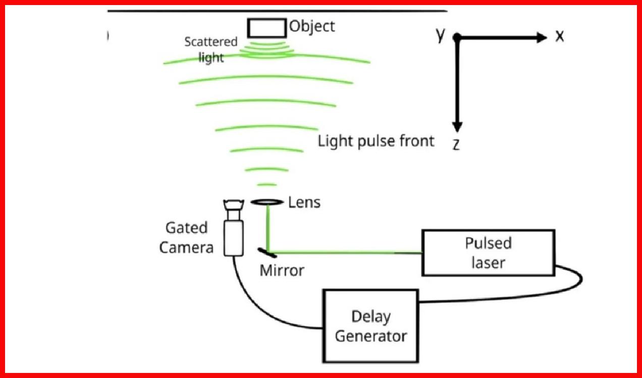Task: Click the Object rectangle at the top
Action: (x=266, y=28)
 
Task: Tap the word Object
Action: (x=312, y=26)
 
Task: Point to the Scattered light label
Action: (x=210, y=49)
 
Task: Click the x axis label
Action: (x=559, y=37)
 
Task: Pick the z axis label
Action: (x=456, y=145)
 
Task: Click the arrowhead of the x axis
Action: (x=542, y=37)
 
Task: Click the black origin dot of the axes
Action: (x=457, y=37)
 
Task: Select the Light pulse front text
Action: (x=376, y=141)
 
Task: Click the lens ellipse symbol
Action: (x=266, y=202)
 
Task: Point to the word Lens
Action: (x=304, y=203)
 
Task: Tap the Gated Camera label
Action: (x=186, y=237)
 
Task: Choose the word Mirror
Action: (x=282, y=271)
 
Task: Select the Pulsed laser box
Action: (x=488, y=253)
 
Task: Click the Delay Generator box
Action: (x=371, y=326)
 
